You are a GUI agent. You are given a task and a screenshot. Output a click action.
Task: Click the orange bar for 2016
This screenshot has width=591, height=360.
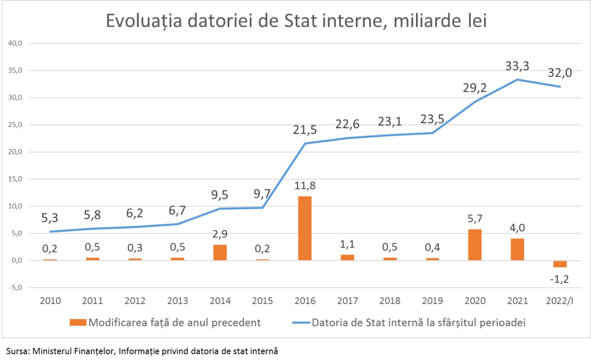pos(305,228)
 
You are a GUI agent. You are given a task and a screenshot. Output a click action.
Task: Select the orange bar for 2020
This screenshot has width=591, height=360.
pos(475,245)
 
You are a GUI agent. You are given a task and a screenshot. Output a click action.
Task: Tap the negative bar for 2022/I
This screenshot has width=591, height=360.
pos(560,264)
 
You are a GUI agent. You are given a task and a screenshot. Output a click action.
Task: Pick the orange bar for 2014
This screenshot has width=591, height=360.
pos(220,253)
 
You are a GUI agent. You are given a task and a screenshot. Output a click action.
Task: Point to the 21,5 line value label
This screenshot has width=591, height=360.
pos(304,130)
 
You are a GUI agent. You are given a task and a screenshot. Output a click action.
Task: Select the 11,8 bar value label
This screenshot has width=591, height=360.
pos(304,186)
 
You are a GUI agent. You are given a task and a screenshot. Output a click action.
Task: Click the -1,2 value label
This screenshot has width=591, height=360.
pos(559,279)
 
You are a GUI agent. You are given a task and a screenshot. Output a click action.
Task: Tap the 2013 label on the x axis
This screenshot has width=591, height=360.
pos(177,301)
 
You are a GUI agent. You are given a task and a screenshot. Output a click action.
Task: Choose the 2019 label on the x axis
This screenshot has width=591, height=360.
pos(432,301)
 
